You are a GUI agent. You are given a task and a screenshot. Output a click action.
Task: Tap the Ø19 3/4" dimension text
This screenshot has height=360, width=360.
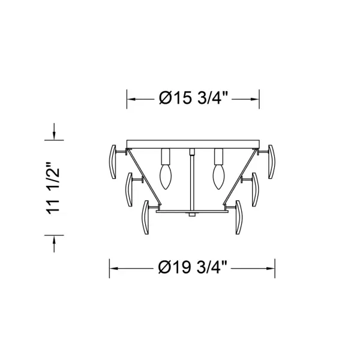pos(193,268)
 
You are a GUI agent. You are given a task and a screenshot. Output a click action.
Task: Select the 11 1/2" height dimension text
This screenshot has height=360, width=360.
pos(53,188)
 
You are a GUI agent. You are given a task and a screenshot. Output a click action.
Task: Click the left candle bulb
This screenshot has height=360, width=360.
pos(166,176)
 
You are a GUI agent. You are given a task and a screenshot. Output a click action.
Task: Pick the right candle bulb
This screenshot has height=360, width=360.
pos(218,176)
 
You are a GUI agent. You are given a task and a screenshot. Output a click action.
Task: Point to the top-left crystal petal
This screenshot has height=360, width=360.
pos(112,161)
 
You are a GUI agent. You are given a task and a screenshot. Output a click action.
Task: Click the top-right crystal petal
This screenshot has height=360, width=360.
pos(271,161)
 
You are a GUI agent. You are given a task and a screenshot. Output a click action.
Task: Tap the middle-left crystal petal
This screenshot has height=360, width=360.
pos(129,190)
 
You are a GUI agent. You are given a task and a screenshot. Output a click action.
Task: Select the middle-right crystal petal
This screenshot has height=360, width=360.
pos(255,190)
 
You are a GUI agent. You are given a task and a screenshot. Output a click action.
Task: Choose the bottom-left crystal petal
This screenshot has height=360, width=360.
pos(146,217)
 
